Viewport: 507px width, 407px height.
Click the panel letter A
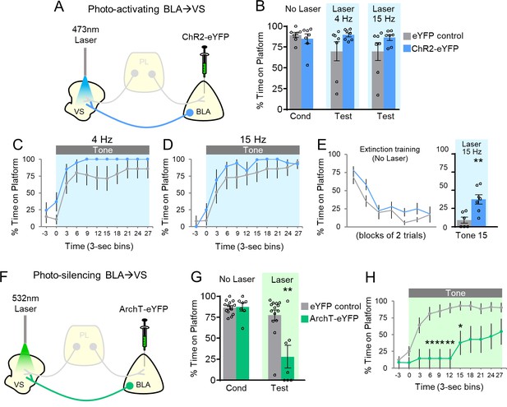click(59, 7)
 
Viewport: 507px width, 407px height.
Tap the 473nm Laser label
click(85, 35)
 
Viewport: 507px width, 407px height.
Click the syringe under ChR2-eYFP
click(205, 62)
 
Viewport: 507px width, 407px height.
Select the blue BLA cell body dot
click(190, 113)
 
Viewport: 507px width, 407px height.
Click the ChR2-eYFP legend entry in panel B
click(431, 49)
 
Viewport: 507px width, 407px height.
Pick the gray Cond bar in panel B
click(296, 72)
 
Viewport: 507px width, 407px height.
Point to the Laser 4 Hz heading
click(343, 14)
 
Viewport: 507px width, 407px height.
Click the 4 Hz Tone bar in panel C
click(103, 150)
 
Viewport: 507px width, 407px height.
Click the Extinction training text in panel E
click(390, 150)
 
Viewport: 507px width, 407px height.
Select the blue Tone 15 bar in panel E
click(478, 213)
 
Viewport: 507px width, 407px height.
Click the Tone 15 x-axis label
click(471, 235)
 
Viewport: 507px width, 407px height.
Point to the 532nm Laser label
click(25, 303)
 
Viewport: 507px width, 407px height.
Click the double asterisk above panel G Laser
click(288, 290)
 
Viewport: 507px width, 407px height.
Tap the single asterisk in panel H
click(460, 326)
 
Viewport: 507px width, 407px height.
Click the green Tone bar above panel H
click(455, 293)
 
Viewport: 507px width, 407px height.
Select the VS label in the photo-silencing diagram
click(19, 384)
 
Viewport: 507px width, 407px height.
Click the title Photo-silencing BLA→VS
click(90, 275)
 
